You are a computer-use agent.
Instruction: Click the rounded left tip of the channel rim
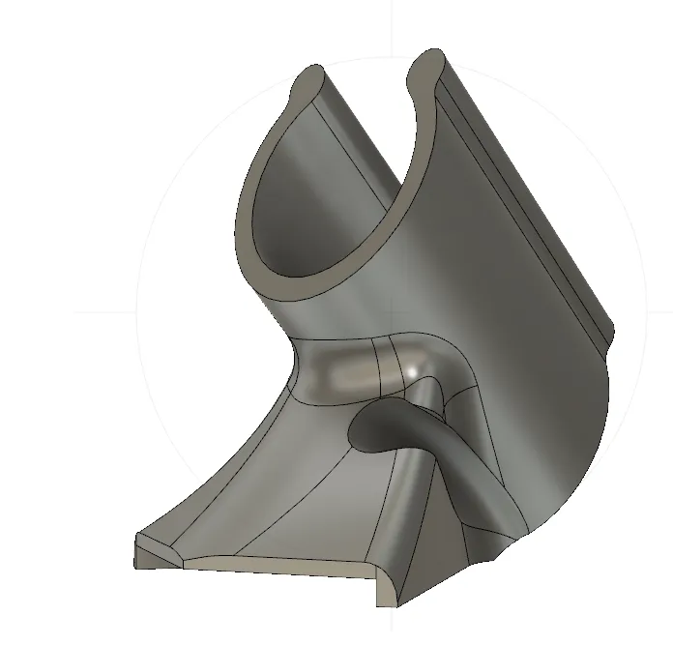[311, 76]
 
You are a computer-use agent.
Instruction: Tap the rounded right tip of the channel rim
[426, 60]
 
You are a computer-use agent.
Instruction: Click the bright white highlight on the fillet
[414, 370]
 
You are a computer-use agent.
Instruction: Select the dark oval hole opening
[382, 427]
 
